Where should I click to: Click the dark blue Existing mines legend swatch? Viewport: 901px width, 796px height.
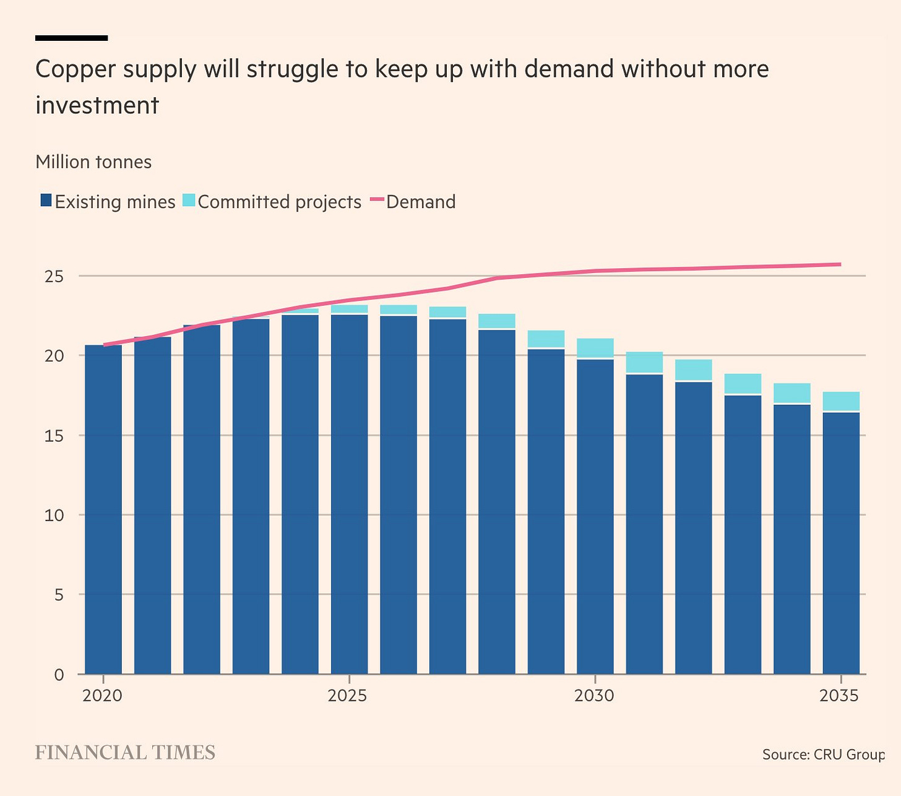pos(46,201)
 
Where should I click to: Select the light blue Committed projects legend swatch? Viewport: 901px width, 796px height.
pos(189,201)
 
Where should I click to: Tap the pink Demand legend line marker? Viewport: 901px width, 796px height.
pos(377,201)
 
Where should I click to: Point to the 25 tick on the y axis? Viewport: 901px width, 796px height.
pos(54,276)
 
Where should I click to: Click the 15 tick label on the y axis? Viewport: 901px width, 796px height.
pos(54,435)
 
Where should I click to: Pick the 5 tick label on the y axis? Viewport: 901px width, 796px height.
pos(58,595)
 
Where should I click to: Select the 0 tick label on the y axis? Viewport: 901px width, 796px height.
pos(59,674)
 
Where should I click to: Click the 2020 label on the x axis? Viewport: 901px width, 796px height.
pos(103,696)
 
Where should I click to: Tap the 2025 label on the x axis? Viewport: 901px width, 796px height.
pos(348,696)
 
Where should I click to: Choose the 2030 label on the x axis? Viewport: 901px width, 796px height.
pos(594,696)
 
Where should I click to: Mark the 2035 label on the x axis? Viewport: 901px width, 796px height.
pos(840,696)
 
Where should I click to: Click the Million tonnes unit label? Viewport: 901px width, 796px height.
pos(93,162)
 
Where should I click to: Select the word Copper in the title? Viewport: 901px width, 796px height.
pos(75,69)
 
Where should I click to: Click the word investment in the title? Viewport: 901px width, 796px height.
pos(97,105)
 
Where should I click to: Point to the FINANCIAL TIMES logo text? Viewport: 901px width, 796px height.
pos(125,753)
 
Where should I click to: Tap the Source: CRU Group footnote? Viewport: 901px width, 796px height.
pos(823,755)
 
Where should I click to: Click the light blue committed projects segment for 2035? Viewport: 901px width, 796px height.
pos(841,401)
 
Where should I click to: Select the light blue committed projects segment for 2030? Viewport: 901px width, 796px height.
pos(595,348)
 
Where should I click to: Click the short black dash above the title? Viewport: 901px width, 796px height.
pos(72,38)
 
